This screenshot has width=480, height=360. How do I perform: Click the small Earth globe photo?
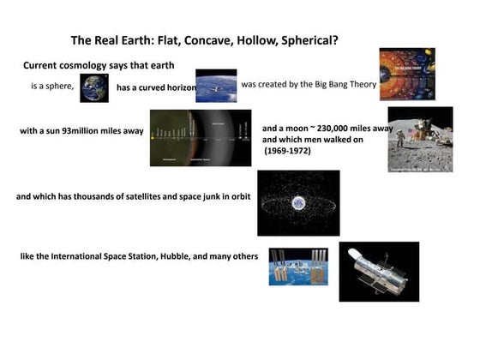[94, 87]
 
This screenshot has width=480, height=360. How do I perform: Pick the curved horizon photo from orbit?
[216, 86]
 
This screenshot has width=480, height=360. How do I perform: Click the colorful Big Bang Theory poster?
[407, 74]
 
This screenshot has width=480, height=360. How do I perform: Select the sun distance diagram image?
[201, 137]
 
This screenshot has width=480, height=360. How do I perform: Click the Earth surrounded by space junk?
[298, 203]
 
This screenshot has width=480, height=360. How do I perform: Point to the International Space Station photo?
[298, 266]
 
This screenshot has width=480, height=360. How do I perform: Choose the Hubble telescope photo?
[379, 271]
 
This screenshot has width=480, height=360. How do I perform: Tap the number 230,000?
[336, 128]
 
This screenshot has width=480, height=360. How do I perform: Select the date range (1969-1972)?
[287, 151]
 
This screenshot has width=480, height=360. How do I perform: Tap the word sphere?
[59, 86]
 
